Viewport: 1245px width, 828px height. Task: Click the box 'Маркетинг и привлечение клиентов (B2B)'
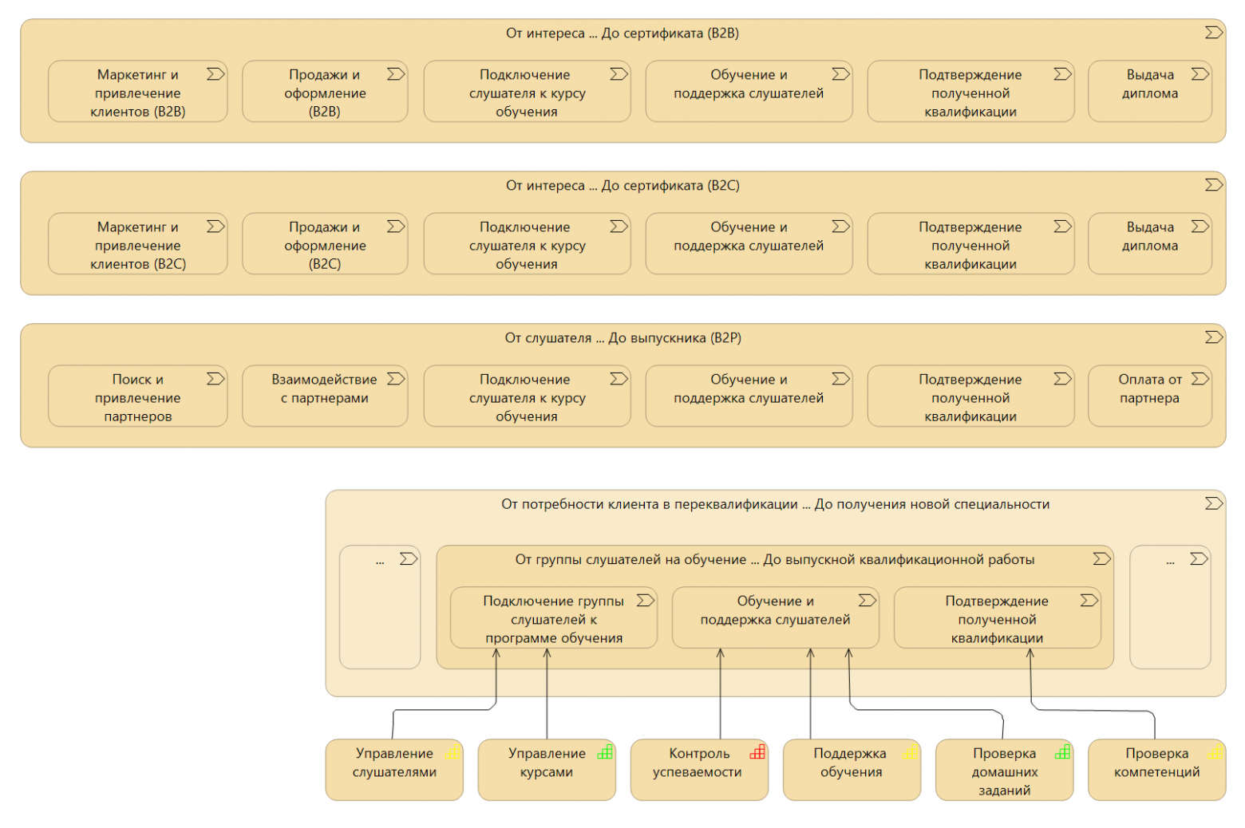138,92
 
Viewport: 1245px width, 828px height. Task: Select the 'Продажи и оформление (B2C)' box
325,244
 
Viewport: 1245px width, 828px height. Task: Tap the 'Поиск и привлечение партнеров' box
138,396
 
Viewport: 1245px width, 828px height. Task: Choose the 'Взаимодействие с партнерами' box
325,396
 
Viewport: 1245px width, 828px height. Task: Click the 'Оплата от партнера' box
1150,396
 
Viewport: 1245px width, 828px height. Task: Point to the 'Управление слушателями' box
394,770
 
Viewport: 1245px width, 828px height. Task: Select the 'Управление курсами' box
547,770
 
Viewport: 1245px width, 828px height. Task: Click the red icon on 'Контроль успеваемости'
757,752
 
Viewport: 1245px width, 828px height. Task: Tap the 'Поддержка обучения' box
852,770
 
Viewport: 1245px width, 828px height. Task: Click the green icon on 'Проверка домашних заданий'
1062,752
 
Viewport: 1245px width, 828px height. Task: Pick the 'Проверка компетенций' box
1157,770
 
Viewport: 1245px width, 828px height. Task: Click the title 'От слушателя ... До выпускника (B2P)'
623,338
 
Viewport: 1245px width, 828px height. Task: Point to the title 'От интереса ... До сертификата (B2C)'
622,186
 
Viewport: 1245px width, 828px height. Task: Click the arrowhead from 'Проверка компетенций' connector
1030,653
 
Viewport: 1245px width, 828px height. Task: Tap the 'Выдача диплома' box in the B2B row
1150,92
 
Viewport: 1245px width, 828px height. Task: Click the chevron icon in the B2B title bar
1213,33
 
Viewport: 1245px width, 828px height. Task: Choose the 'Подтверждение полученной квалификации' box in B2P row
970,396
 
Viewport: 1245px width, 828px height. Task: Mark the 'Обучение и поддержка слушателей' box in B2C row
749,244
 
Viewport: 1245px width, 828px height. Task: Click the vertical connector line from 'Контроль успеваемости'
721,694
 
